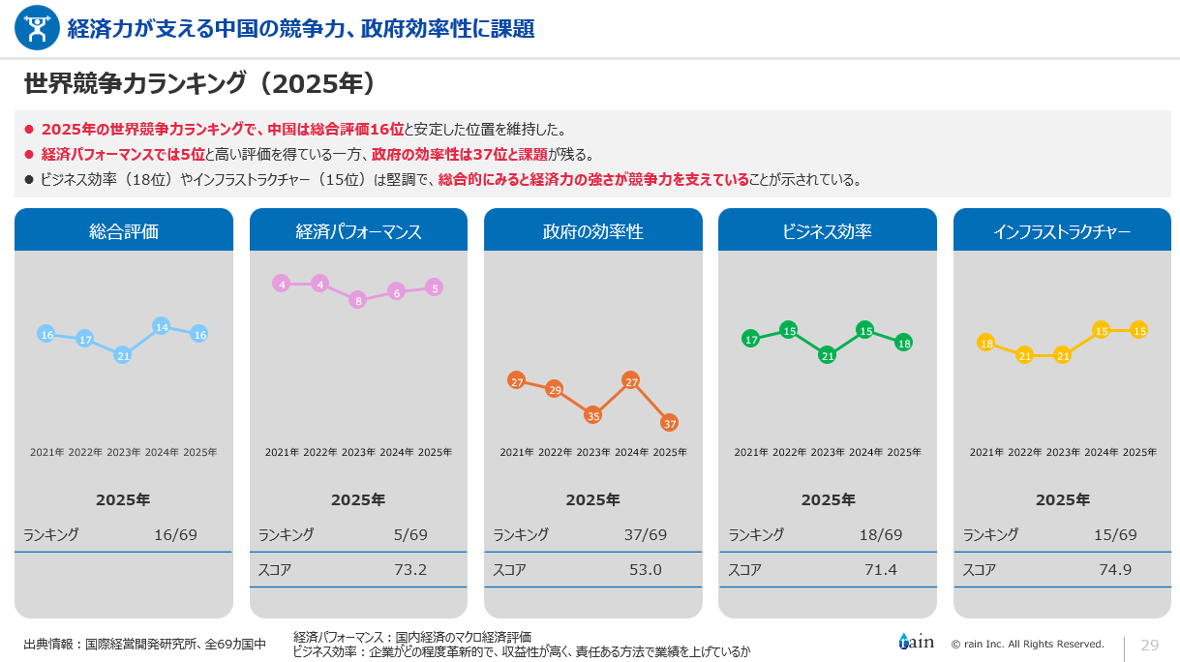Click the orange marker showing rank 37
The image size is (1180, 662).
coord(669,423)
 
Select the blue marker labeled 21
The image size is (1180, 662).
coord(123,355)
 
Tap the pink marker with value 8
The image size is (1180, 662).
coord(358,300)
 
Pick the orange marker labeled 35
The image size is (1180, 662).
coord(593,415)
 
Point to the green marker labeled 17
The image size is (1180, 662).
coord(751,339)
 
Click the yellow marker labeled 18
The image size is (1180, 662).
coord(986,343)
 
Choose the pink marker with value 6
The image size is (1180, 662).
coord(396,291)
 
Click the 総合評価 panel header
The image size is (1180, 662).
coord(124,231)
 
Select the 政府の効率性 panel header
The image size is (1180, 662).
coord(593,231)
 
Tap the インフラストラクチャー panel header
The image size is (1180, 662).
coord(1062,231)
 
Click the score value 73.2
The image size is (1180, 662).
coord(410,569)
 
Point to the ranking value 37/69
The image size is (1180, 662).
coord(646,534)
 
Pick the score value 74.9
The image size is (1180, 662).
coord(1115,569)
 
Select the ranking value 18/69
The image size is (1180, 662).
coord(881,534)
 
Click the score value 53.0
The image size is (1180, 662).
coord(646,569)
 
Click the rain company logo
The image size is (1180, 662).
coord(916,642)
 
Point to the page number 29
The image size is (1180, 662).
coord(1150,645)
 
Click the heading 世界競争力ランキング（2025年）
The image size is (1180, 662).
coord(199,84)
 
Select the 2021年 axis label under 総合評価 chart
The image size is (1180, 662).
coord(47,452)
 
